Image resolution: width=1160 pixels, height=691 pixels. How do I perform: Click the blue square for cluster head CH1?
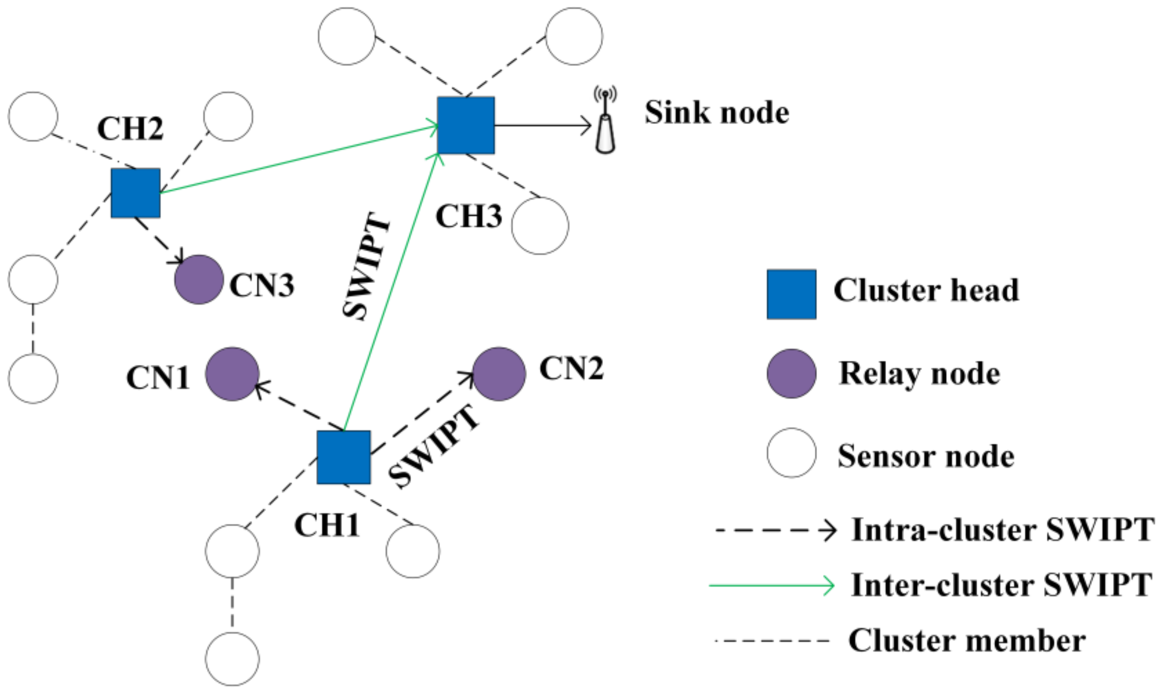point(343,457)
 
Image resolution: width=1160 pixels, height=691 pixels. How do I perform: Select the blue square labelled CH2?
point(135,193)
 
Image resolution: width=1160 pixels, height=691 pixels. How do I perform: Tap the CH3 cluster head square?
point(466,125)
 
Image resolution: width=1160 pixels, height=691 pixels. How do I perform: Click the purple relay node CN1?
point(232,374)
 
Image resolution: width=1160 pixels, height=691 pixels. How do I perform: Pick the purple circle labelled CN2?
point(499,374)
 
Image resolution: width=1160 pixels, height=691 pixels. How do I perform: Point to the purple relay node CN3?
point(199,279)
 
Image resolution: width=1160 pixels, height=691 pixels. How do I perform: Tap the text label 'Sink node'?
point(717,113)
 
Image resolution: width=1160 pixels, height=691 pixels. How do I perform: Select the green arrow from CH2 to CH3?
point(298,159)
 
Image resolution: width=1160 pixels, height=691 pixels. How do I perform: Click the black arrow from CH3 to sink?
point(542,125)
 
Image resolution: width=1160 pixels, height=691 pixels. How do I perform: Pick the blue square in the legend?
point(791,294)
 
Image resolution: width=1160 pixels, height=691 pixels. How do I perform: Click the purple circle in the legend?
point(791,374)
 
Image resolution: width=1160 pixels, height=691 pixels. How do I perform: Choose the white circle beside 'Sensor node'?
point(791,453)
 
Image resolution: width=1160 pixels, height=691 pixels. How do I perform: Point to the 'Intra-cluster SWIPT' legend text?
point(1003,530)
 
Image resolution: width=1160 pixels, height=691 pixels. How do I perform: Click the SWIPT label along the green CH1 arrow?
point(366,266)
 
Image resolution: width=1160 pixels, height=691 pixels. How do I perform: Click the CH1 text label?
point(327,525)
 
